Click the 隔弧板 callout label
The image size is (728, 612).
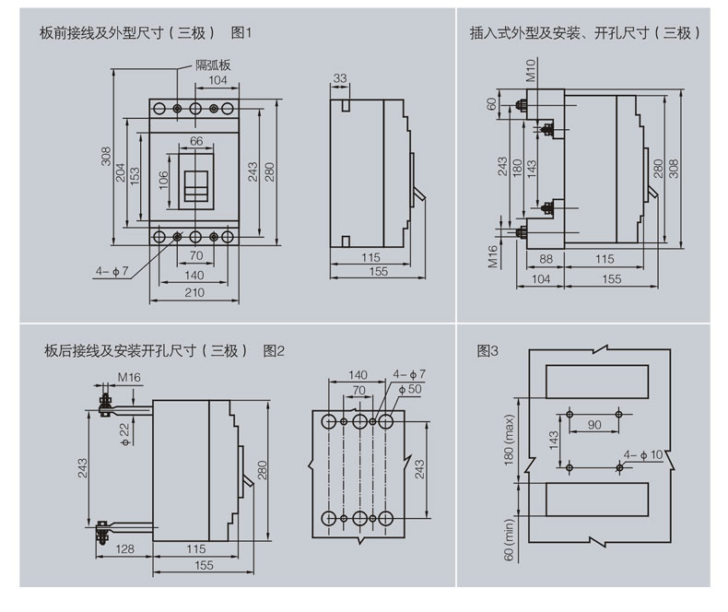(212, 65)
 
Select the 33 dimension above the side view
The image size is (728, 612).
(340, 79)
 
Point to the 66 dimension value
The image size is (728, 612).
(196, 141)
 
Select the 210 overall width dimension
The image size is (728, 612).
(194, 293)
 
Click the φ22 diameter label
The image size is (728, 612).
(124, 430)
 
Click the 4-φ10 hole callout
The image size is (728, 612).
(642, 454)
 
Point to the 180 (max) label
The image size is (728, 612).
(510, 440)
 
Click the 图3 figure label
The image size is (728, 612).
(487, 350)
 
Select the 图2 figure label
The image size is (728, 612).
(275, 350)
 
